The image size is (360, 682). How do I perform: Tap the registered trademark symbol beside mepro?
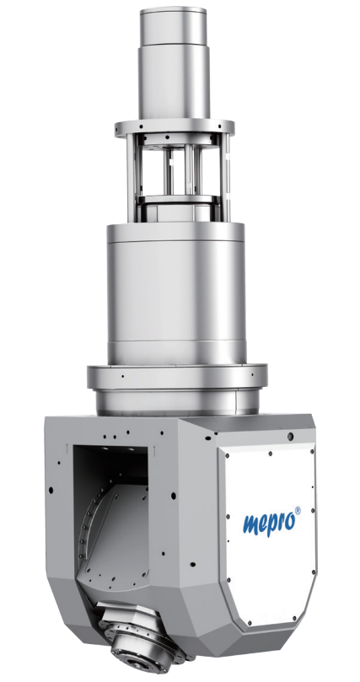coord(298,510)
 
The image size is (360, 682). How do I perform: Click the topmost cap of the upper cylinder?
coord(173,27)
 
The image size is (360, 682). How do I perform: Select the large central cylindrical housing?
coord(175,293)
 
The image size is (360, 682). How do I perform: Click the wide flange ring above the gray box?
coord(177,377)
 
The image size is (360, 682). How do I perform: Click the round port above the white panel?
coord(290,435)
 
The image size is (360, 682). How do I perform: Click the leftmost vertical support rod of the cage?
coord(131,178)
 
